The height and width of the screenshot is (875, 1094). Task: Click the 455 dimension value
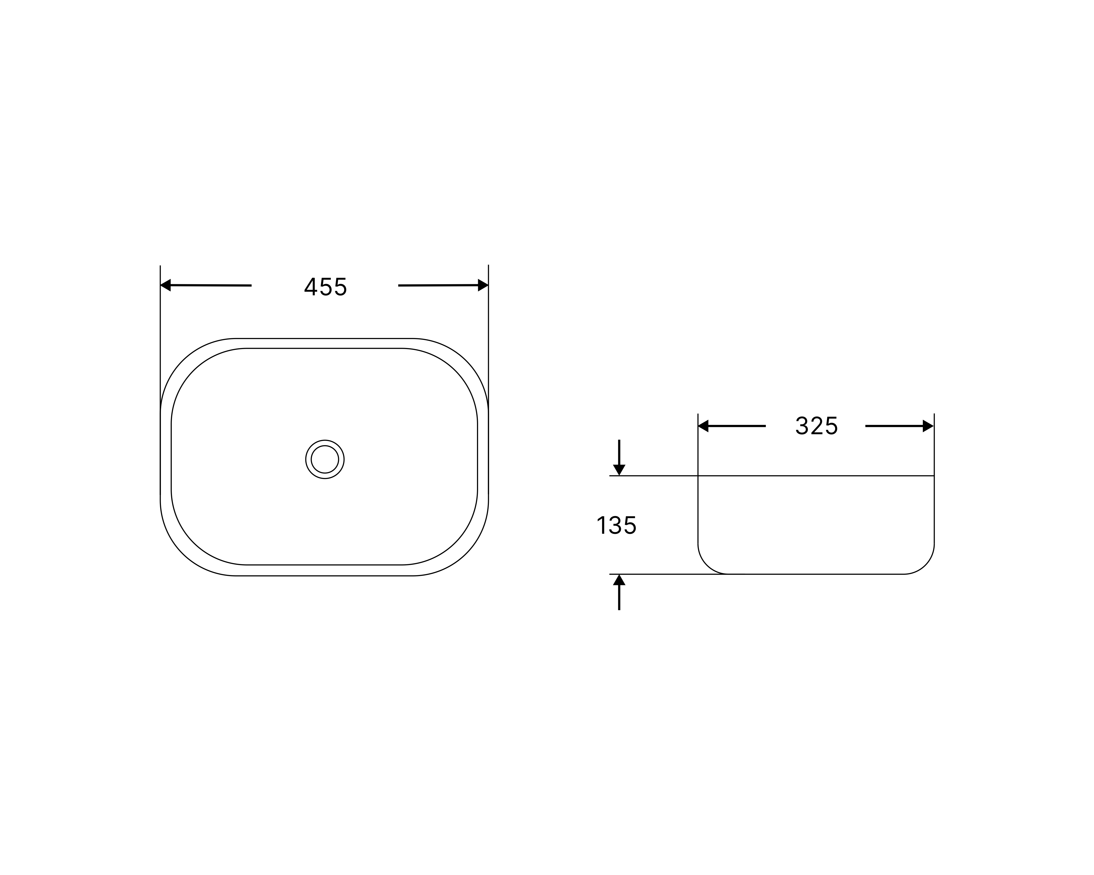(325, 287)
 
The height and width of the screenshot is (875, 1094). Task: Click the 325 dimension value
(816, 426)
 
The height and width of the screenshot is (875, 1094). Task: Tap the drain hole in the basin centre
(325, 460)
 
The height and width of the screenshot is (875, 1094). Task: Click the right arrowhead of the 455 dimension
(483, 285)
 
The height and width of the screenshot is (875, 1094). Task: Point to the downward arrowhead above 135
(619, 470)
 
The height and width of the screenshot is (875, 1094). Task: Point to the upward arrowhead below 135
(619, 580)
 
